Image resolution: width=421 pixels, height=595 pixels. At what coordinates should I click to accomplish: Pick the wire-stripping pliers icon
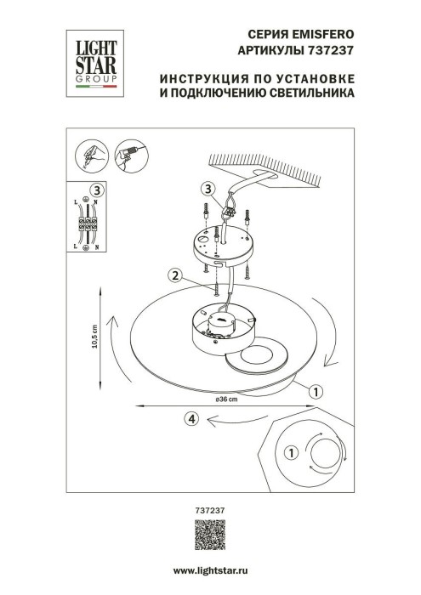tap(91, 155)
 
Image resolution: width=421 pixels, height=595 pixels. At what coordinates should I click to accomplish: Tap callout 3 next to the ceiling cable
tap(208, 189)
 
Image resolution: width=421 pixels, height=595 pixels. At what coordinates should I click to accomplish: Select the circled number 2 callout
tap(174, 275)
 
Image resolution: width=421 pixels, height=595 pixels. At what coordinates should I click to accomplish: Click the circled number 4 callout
tap(192, 417)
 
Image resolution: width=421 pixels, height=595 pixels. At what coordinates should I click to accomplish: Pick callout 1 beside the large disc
tap(315, 393)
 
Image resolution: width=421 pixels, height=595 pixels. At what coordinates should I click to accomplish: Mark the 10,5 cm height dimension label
tap(96, 341)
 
